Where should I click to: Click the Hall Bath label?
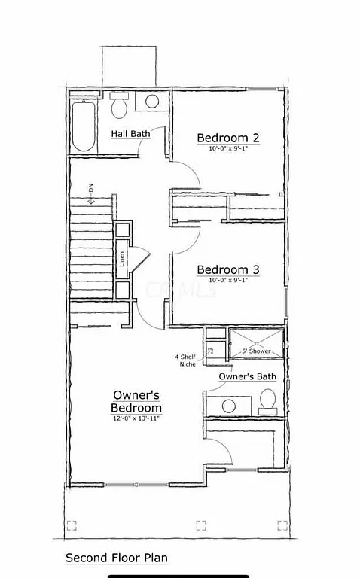coord(130,134)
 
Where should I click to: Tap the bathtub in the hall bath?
coord(82,126)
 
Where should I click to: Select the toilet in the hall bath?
coord(118,108)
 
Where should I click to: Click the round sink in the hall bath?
coord(152,102)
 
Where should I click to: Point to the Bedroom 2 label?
coord(228,138)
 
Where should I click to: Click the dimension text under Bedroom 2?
coord(228,149)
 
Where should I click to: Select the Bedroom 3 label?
coord(228,269)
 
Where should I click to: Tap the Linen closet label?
coord(122,258)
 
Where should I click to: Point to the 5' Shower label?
coord(255,351)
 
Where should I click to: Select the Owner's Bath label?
coord(247,376)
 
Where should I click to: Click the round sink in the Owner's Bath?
coord(228,406)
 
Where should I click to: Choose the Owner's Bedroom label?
coord(136,401)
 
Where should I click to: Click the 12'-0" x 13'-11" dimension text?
coord(136,417)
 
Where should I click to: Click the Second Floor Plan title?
coord(116,558)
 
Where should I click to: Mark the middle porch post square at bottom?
coord(201,525)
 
